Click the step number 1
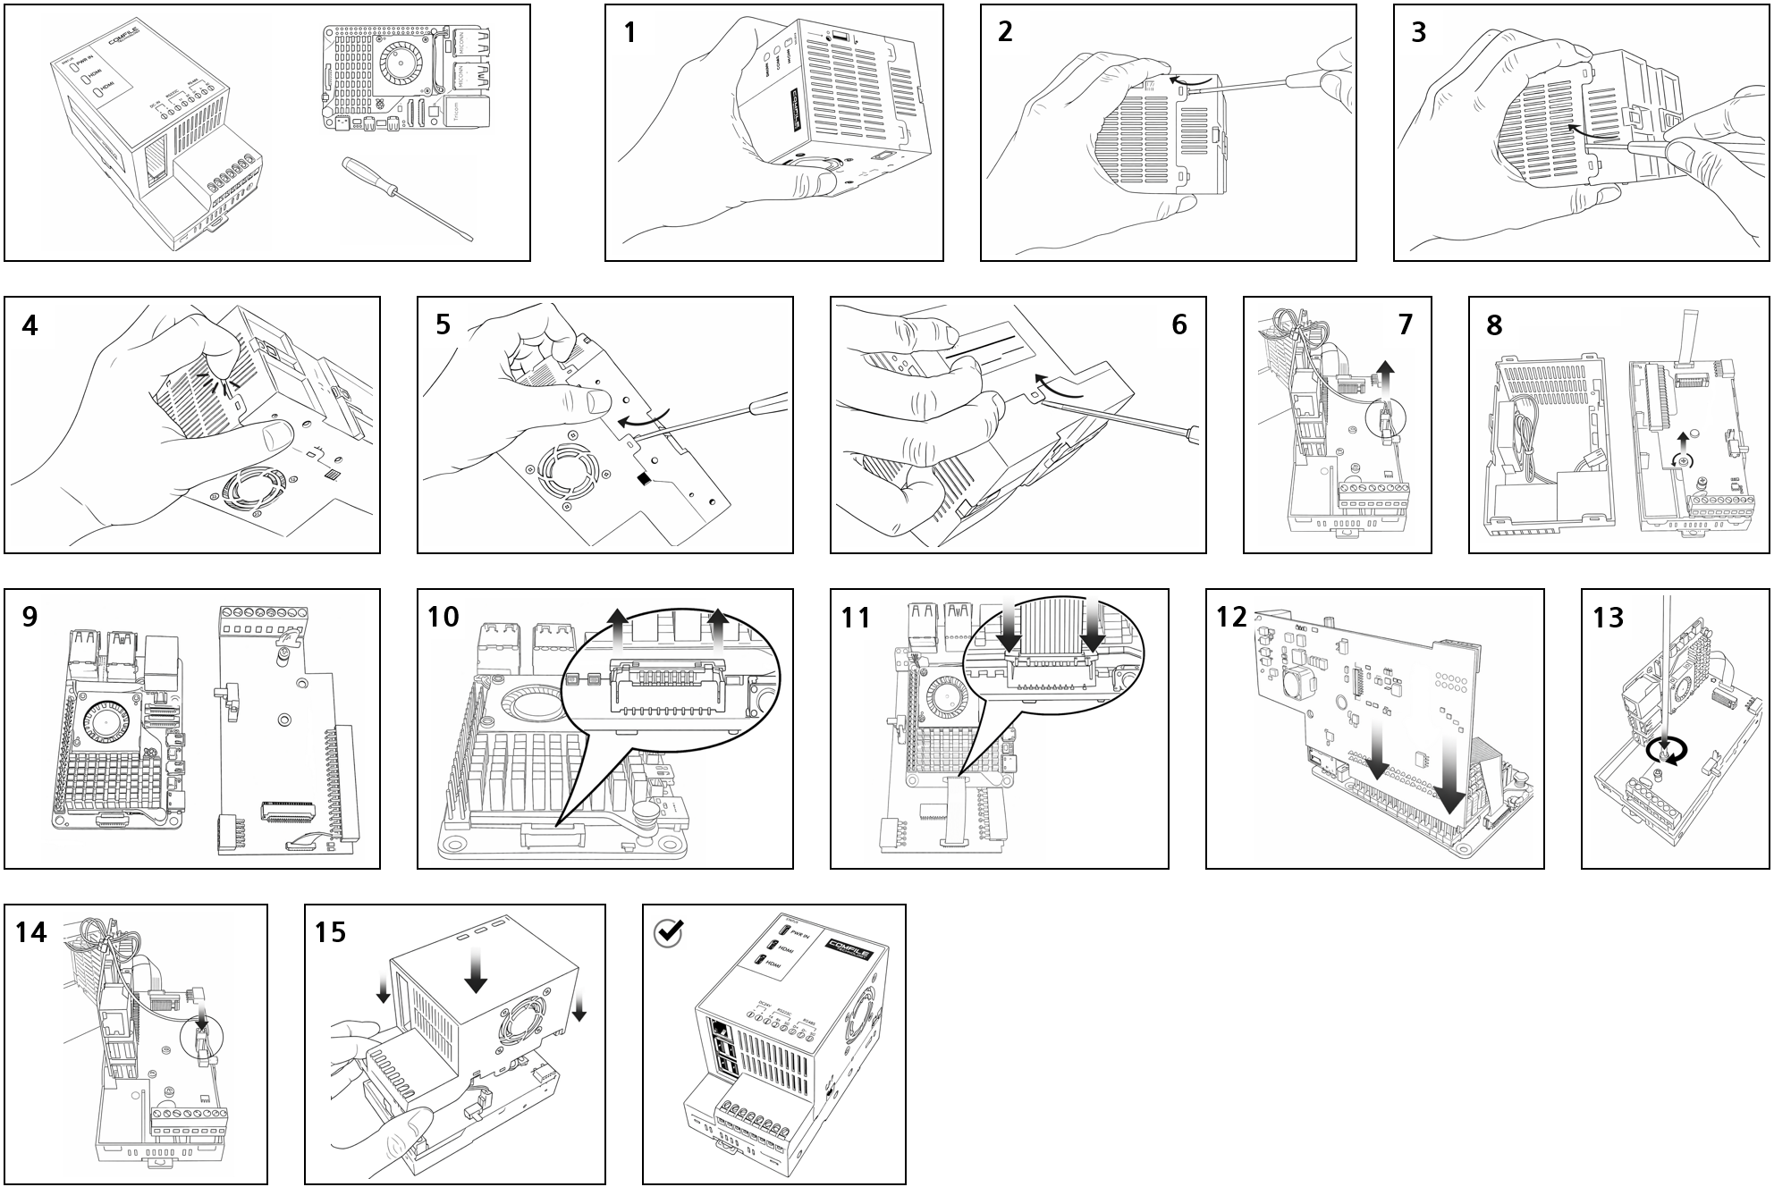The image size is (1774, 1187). point(630,32)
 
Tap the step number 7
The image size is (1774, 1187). point(1405,324)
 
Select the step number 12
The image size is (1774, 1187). point(1231,617)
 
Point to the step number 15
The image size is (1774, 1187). point(330,932)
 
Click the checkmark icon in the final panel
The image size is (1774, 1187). point(669,933)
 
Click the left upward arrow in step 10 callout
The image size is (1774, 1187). point(615,630)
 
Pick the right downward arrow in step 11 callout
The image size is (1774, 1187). point(1094,631)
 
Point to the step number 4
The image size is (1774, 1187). point(30,324)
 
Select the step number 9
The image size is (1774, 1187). point(30,617)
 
